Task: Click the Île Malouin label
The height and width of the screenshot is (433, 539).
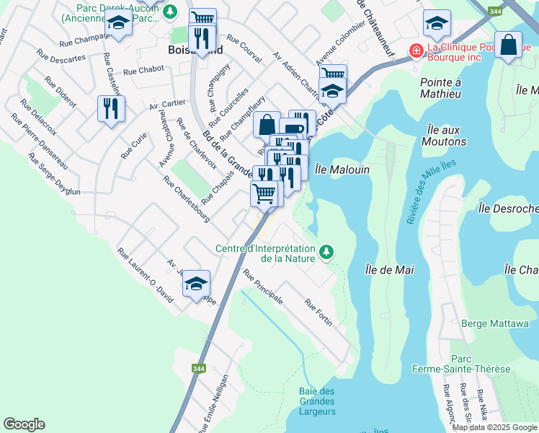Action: (342, 169)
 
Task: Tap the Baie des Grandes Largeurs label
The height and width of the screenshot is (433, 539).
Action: (316, 401)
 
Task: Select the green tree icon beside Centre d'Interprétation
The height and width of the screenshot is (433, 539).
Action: (327, 251)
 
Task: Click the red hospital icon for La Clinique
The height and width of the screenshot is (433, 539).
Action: (416, 50)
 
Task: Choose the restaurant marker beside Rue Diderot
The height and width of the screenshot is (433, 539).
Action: (111, 108)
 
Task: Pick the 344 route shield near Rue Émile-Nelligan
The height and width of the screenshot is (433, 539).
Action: (200, 368)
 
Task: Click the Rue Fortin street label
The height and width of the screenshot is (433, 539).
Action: (318, 312)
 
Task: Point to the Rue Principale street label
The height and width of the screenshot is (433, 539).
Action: (262, 287)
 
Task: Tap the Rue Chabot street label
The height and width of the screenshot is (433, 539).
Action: (143, 71)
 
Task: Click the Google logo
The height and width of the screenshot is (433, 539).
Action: (24, 424)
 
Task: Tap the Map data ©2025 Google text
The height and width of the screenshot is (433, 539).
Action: (494, 427)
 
